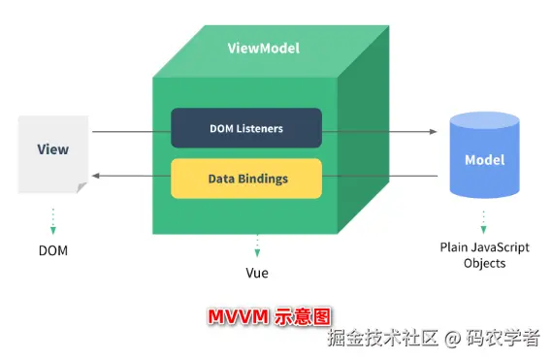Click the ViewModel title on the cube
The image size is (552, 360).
click(263, 48)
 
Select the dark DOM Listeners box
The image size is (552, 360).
click(245, 128)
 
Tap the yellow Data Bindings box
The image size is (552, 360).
click(245, 179)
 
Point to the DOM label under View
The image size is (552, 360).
click(53, 250)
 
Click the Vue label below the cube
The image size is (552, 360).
click(257, 273)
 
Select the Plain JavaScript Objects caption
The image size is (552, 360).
click(484, 255)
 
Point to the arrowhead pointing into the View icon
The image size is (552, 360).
click(96, 177)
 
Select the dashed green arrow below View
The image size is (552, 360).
click(53, 220)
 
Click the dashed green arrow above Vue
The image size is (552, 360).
click(257, 244)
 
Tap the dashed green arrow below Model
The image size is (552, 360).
click(484, 218)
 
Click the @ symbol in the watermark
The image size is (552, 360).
click(452, 339)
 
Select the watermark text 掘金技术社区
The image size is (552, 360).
click(383, 339)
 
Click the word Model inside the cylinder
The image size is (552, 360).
click(484, 160)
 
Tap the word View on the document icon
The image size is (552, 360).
click(53, 150)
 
